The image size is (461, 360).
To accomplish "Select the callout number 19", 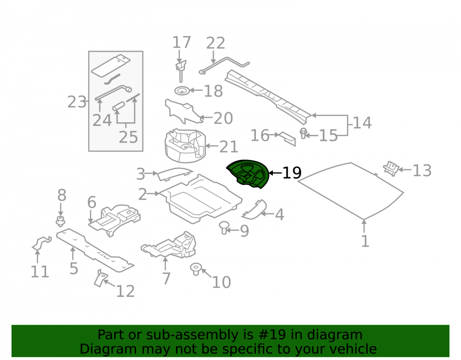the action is (292, 173).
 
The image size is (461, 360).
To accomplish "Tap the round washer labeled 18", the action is (182, 91).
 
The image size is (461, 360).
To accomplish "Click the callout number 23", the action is (77, 102).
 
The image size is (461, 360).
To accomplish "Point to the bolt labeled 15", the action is (303, 133).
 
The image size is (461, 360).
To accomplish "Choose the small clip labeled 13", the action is (391, 168).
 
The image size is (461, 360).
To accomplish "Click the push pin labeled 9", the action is (224, 227).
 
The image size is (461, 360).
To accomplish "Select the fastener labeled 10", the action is (195, 269).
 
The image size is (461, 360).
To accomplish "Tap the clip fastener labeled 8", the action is (60, 221).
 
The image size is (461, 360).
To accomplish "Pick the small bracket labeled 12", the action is (100, 278).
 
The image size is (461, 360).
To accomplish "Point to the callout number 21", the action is (229, 147).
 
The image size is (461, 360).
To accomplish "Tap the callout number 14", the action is (362, 123).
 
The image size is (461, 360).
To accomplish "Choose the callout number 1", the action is (365, 241).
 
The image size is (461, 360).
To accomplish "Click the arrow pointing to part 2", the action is (153, 194).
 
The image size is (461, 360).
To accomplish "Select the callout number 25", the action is (128, 137).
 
